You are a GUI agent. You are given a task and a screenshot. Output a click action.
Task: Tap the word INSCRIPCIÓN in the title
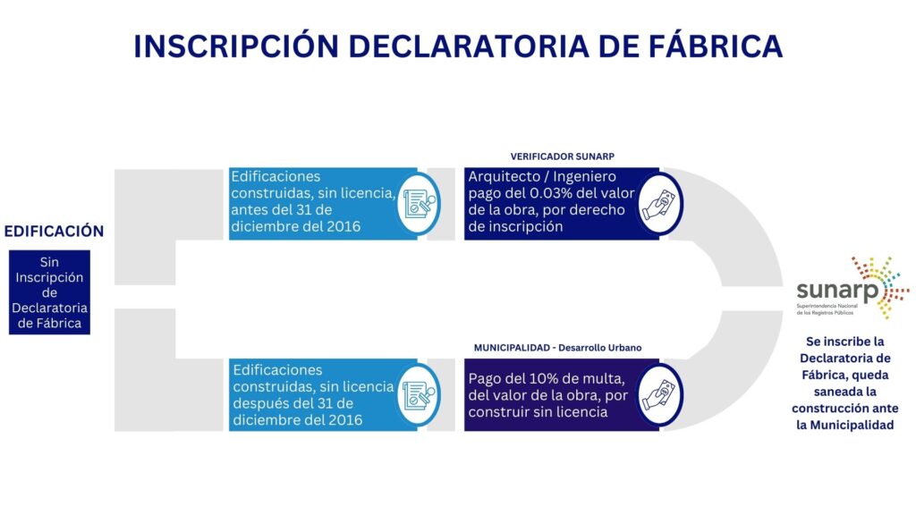[x=236, y=46]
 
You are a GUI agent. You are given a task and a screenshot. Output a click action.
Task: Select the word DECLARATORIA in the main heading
[x=469, y=46]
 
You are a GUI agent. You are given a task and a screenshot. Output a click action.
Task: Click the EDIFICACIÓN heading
[x=54, y=232]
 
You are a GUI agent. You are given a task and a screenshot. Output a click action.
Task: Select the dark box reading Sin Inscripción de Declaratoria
[x=50, y=292]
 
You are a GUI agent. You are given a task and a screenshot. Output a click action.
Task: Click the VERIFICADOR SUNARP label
[x=562, y=156]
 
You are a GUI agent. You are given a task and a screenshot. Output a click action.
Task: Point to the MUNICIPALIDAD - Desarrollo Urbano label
[x=557, y=348]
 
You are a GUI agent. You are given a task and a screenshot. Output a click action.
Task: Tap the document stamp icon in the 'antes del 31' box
[x=419, y=204]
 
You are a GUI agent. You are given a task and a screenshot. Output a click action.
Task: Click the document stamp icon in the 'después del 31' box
[x=419, y=394]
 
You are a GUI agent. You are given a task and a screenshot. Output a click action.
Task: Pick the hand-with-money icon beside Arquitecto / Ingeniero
[x=659, y=204]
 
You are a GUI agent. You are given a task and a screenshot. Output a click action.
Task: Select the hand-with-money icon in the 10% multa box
[x=659, y=394]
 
